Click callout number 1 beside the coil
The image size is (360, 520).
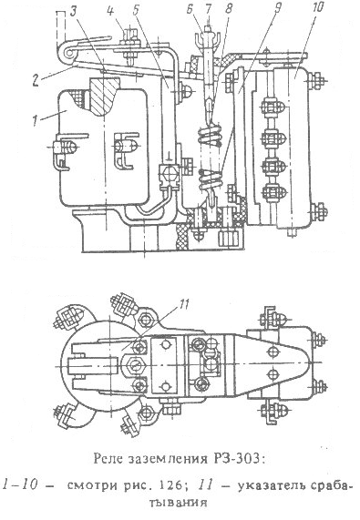pyautogui.click(x=36, y=120)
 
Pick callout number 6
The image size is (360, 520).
pyautogui.click(x=190, y=9)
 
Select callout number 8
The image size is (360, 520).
pyautogui.click(x=228, y=9)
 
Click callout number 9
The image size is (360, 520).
pyautogui.click(x=278, y=9)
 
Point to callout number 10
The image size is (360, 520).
pyautogui.click(x=317, y=8)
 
